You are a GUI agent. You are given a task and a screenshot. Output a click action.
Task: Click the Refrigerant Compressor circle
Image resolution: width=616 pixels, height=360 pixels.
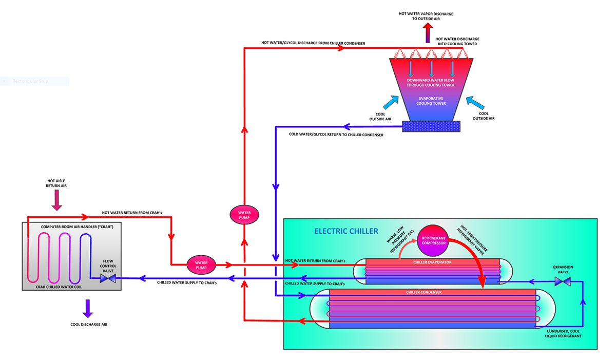(433, 241)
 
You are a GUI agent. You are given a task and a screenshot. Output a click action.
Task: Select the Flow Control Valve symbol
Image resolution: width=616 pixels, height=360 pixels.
(108, 278)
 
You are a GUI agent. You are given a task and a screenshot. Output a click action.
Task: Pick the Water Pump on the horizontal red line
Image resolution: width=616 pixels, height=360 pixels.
(201, 265)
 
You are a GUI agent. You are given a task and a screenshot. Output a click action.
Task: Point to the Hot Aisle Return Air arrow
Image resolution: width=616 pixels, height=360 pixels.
(56, 201)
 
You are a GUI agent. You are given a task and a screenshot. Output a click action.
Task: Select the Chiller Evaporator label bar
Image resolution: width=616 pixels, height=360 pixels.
(432, 261)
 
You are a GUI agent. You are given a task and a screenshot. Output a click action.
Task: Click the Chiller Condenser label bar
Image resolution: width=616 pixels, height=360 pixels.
(432, 292)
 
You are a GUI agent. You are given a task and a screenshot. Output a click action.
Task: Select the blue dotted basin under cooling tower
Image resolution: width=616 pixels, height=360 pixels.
(431, 126)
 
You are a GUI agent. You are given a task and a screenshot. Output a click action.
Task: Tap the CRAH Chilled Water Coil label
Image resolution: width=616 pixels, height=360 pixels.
(60, 287)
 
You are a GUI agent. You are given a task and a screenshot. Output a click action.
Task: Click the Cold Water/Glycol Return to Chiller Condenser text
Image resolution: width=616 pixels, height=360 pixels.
(336, 135)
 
